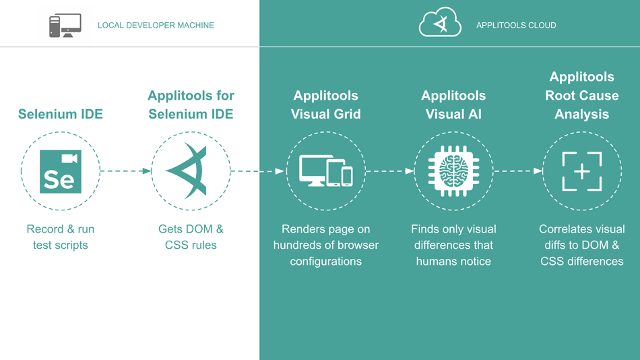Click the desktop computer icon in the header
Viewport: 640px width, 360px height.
(x=65, y=26)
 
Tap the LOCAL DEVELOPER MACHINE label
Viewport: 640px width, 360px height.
(x=156, y=26)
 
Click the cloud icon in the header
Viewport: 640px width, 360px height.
(x=440, y=24)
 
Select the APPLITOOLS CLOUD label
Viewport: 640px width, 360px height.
(x=516, y=26)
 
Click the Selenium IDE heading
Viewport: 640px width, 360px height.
(x=61, y=114)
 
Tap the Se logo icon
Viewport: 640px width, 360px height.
(x=61, y=171)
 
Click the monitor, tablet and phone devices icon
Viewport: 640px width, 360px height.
(x=326, y=171)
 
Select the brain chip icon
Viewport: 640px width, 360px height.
(x=453, y=171)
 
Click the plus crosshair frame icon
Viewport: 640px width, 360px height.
(x=581, y=171)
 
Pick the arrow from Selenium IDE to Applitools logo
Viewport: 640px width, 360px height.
(x=126, y=171)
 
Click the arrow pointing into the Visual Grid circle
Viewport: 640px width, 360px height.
(x=258, y=171)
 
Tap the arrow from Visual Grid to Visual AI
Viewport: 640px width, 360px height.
(x=389, y=171)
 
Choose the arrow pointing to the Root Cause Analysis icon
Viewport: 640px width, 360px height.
(x=518, y=171)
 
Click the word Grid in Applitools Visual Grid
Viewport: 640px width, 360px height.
(x=346, y=114)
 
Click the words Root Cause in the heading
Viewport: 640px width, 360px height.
(x=581, y=95)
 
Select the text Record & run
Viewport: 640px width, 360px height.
(x=61, y=229)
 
